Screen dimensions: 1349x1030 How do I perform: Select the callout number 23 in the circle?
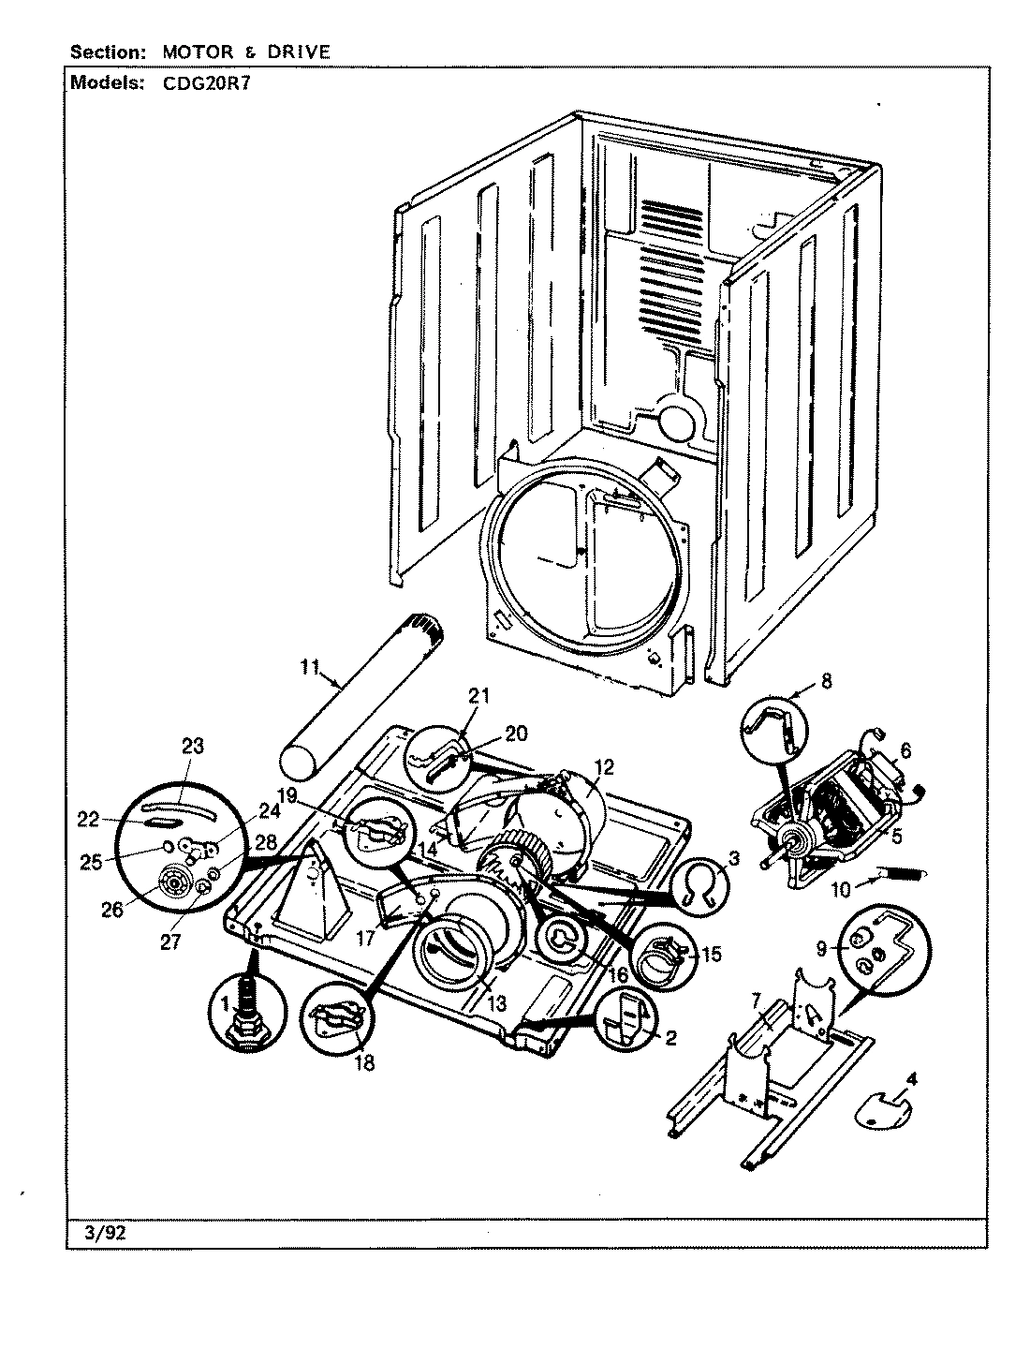coord(193,746)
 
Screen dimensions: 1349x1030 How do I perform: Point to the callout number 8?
coord(825,681)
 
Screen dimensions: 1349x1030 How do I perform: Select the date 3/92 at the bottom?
coord(98,1233)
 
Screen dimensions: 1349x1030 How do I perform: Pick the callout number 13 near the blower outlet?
coord(495,1002)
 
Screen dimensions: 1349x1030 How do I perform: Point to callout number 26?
coord(112,909)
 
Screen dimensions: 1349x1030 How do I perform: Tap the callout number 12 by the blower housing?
coord(603,767)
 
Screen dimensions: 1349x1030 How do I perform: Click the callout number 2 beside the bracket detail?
coord(670,1037)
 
